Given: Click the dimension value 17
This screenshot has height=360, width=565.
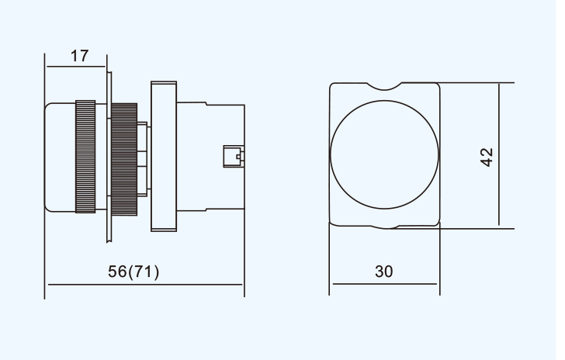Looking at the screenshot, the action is pos(79,56).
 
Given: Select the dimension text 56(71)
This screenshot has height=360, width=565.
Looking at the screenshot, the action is pos(133,272).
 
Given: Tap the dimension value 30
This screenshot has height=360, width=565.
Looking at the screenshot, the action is pos(383,272).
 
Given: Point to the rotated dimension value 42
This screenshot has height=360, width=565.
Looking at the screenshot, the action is pos(487,157).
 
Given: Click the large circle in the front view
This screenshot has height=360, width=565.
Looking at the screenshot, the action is pos(384,101).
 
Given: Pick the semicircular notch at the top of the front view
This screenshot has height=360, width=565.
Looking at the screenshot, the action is pos(384,88).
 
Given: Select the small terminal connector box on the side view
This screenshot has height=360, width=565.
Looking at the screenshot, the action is pos(234,157).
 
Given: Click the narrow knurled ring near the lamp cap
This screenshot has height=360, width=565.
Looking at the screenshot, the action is pos(85,157).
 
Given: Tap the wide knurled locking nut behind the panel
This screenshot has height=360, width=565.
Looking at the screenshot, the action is pos(124,160).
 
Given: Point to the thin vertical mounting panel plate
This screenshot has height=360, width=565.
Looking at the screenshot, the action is pos(109,157).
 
